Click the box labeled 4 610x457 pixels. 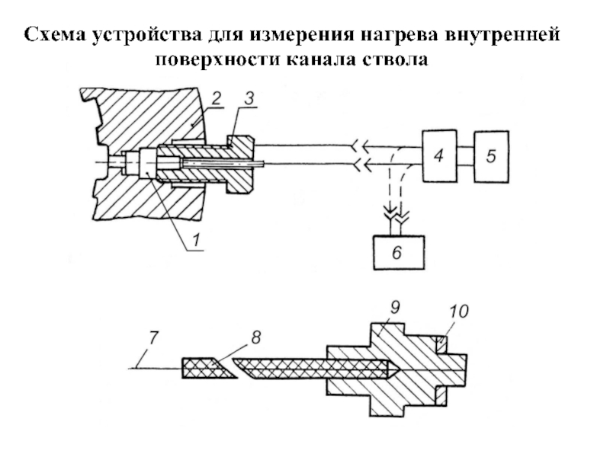pos(439,156)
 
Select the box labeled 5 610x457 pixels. pos(491,157)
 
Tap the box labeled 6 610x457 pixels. pos(399,253)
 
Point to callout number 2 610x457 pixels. pos(216,98)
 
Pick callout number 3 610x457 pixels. pos(249,98)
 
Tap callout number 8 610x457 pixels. pos(255,337)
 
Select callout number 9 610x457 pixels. pos(394,308)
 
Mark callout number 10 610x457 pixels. pos(459,312)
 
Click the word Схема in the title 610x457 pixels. pos(56,34)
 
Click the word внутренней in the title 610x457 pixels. pos(502,34)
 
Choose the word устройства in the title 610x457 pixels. pos(147,35)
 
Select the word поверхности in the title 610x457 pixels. pos(218,60)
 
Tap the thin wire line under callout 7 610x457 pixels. pos(155,368)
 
